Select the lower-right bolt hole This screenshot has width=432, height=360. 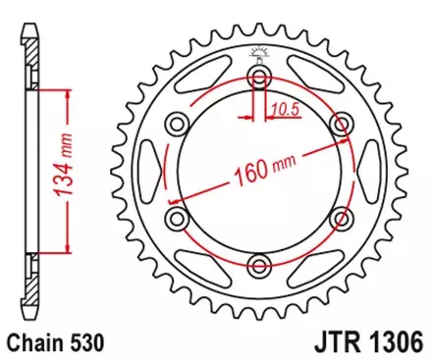(x=342, y=218)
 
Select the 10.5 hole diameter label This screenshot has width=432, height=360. (x=287, y=108)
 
